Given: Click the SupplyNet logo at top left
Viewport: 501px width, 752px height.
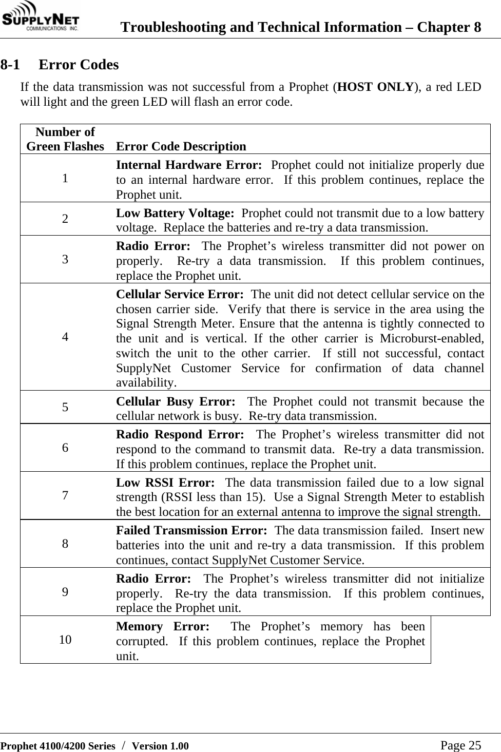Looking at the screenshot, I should pos(40,18).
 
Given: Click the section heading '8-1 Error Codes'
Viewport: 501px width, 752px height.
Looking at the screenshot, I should pos(60,65).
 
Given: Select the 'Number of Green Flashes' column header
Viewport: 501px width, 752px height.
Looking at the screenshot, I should pos(65,139).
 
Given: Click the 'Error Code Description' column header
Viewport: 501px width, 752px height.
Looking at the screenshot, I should pos(181,146).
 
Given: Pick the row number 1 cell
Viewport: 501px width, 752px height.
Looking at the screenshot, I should pos(65,179).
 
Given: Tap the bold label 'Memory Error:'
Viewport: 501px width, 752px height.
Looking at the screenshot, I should pos(163,627).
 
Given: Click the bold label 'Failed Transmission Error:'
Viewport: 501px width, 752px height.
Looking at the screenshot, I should pos(191,530).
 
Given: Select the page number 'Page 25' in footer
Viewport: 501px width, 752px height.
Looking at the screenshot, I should pos(460,745).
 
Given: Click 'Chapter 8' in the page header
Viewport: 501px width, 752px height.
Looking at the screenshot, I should pos(449,27).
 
